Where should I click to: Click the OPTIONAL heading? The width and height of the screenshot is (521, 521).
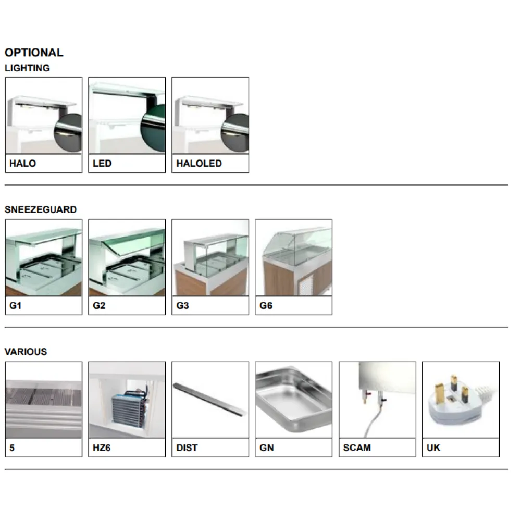[34, 53]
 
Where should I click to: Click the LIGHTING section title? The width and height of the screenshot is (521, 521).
[27, 68]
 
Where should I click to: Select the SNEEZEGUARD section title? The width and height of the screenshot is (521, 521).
[41, 210]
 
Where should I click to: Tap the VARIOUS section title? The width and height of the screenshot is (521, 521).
[26, 352]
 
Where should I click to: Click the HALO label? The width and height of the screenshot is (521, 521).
[22, 164]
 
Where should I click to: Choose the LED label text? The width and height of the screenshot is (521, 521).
[102, 164]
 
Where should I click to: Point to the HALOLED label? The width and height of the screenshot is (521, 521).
[199, 164]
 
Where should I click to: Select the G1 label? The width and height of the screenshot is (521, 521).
[16, 306]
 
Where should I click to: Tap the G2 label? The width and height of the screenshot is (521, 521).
[99, 306]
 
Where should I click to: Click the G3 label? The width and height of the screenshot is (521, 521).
[182, 306]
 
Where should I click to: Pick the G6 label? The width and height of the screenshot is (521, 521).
[266, 306]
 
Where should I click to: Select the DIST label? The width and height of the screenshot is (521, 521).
[187, 448]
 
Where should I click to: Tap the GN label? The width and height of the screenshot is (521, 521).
[267, 448]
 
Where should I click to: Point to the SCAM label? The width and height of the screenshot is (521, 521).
[357, 448]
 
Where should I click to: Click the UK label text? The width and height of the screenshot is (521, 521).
[433, 448]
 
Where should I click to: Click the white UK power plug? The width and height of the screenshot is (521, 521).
[453, 399]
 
